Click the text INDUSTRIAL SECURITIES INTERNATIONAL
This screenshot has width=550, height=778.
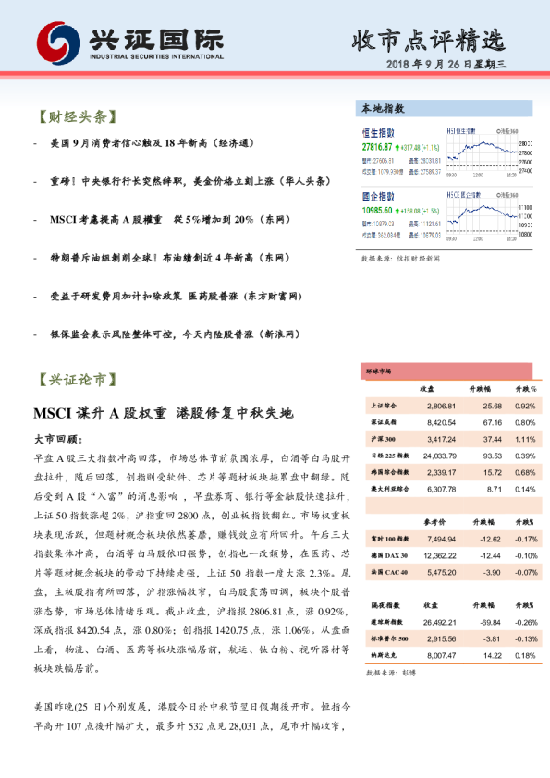coord(157,56)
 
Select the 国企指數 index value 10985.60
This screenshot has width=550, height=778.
coord(377,211)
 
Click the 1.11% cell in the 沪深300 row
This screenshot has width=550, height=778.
coord(524,439)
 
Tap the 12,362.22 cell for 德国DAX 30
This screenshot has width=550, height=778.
coord(439,554)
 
